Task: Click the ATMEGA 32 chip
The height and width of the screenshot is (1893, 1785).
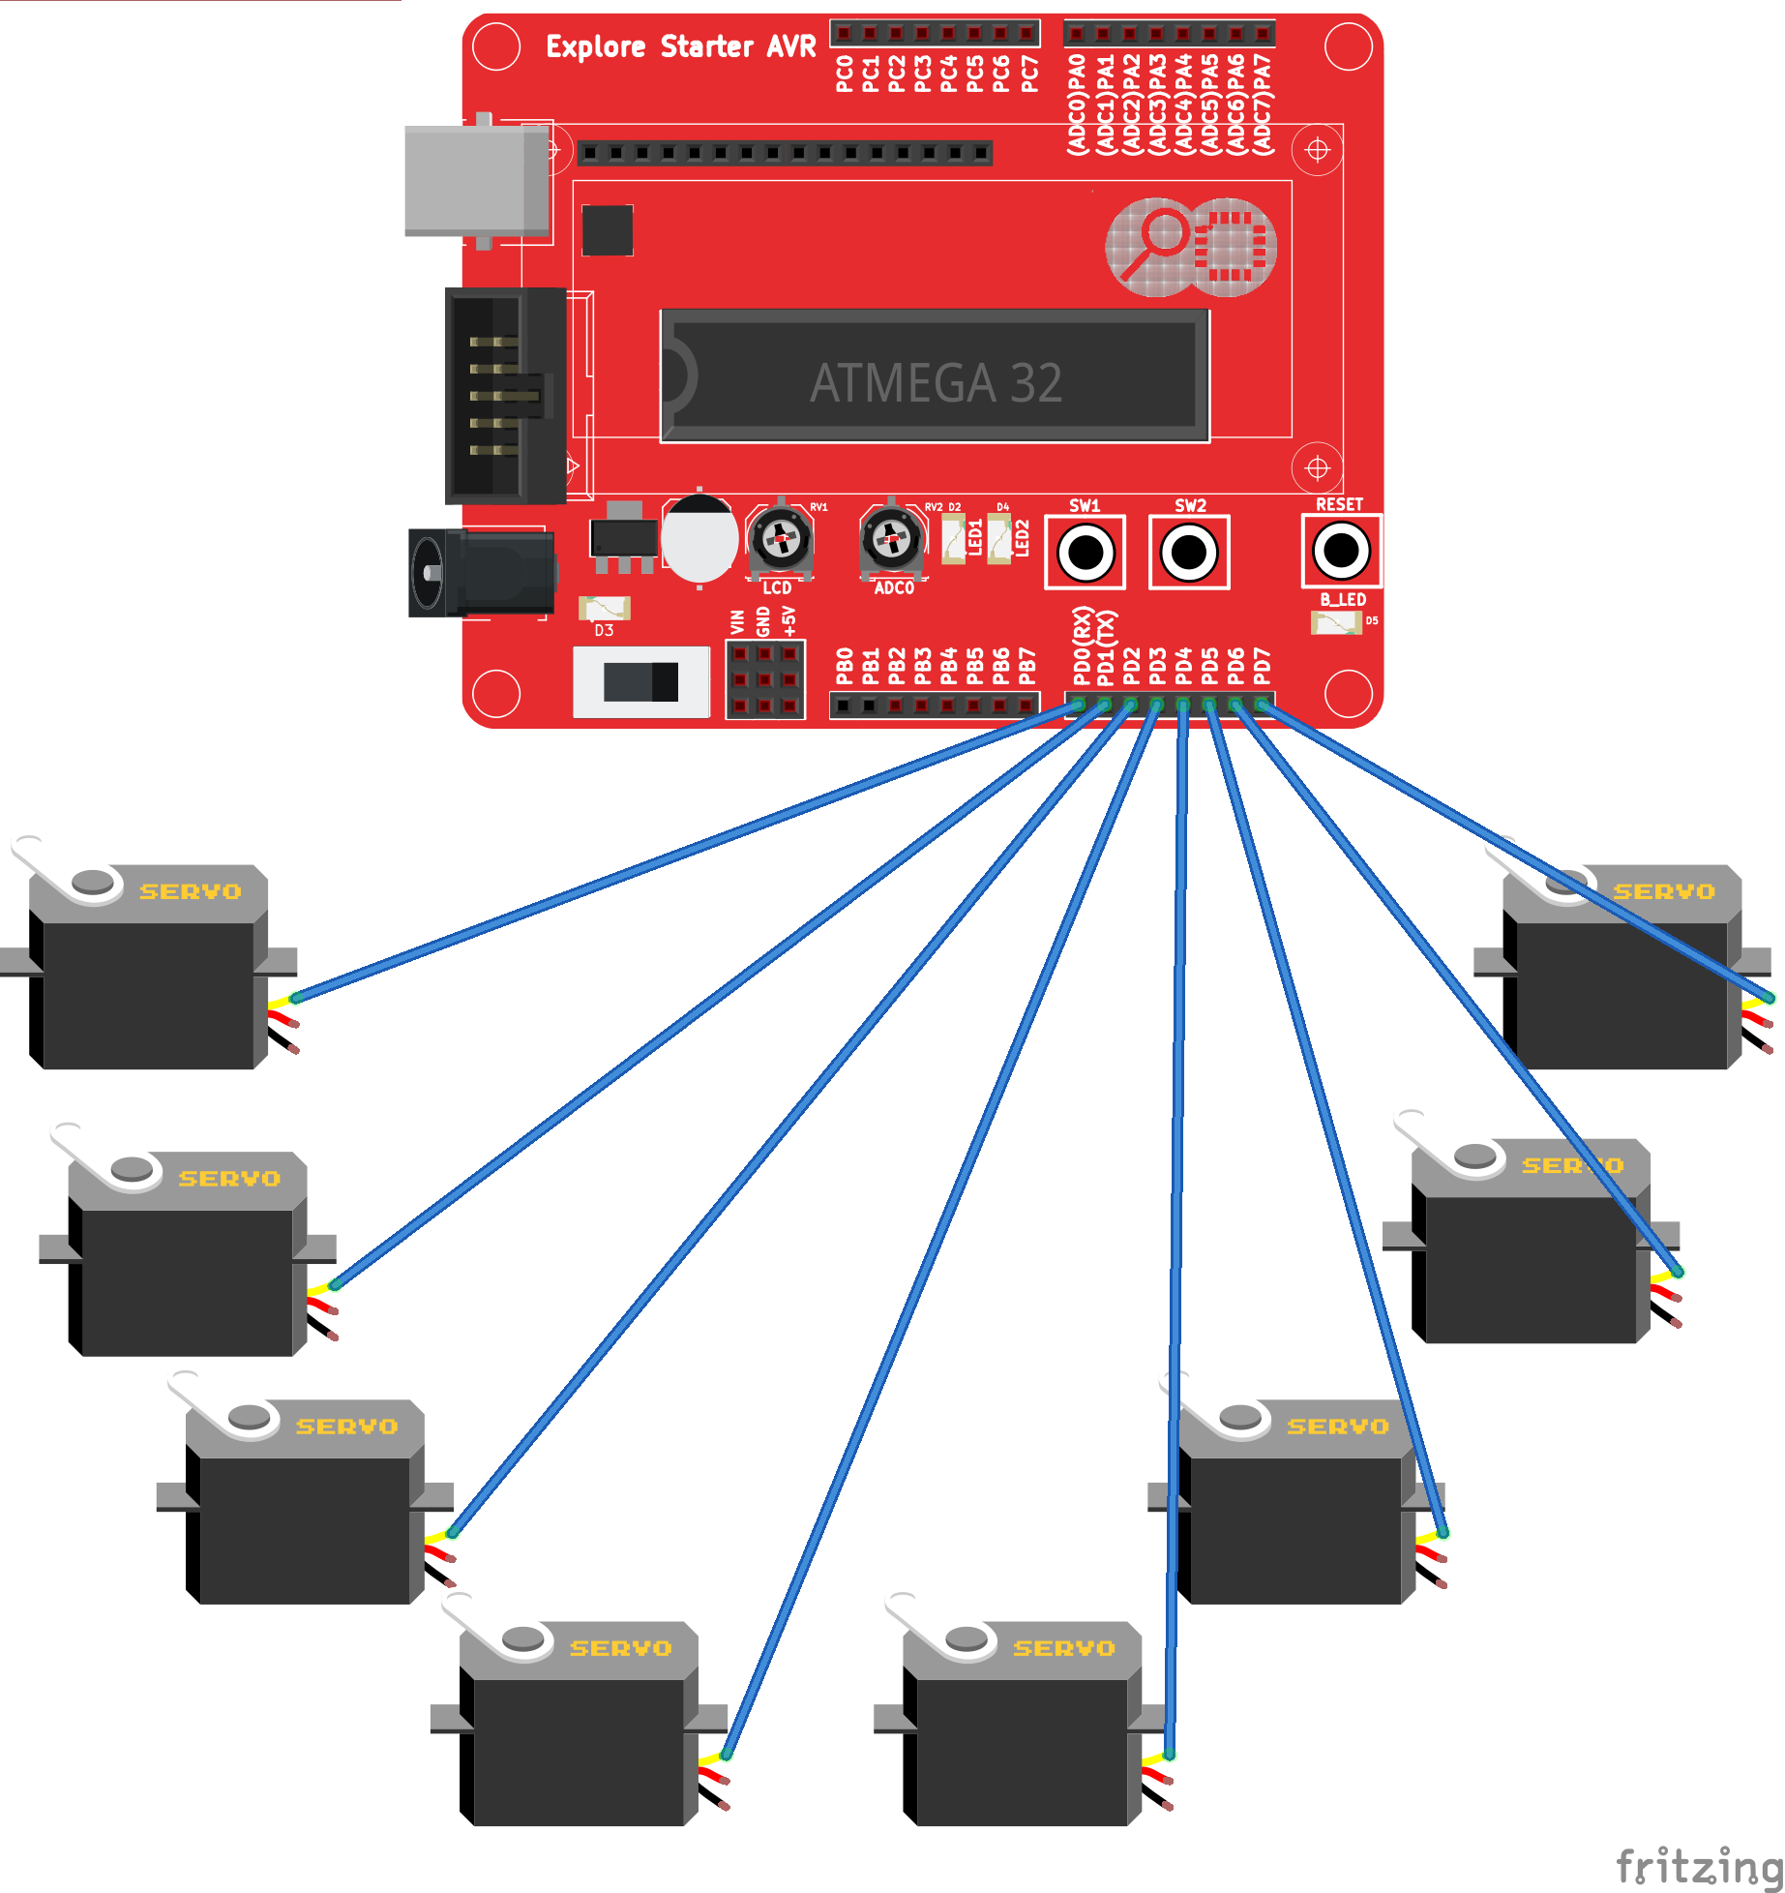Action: coord(935,377)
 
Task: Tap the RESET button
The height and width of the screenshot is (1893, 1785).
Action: coord(1341,551)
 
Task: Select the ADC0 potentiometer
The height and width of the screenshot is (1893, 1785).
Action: coord(891,538)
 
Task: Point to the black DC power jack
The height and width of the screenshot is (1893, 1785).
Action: coord(481,573)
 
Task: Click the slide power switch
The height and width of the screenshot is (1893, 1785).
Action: coord(640,682)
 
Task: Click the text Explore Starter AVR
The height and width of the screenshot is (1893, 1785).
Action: coord(680,46)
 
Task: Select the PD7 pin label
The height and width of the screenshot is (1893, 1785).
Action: coord(1262,666)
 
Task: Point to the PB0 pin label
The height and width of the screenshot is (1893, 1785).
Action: coord(844,666)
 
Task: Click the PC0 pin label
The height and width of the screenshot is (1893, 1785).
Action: coord(844,74)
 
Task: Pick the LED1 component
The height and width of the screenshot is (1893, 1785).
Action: coord(954,538)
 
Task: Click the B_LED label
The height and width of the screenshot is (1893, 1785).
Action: coord(1343,600)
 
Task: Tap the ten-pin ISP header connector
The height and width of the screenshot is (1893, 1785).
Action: coord(504,395)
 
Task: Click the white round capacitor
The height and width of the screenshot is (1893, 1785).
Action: coord(699,538)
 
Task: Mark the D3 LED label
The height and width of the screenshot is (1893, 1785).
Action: coord(604,631)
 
